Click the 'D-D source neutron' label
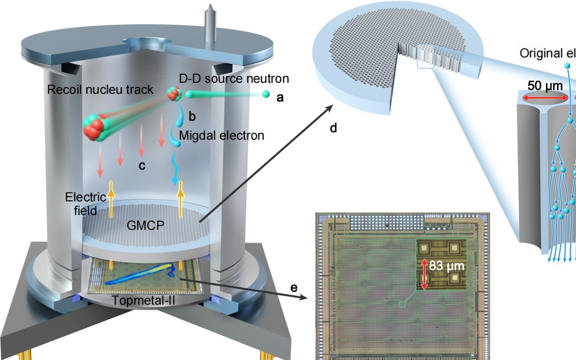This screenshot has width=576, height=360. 234,79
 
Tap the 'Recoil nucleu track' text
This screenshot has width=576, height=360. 100,90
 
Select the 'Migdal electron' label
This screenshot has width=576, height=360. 222,135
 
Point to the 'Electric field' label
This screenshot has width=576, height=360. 82,204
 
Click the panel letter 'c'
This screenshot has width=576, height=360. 141,166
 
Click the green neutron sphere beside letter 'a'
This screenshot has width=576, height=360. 266,94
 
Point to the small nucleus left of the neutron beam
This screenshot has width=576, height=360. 174,94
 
